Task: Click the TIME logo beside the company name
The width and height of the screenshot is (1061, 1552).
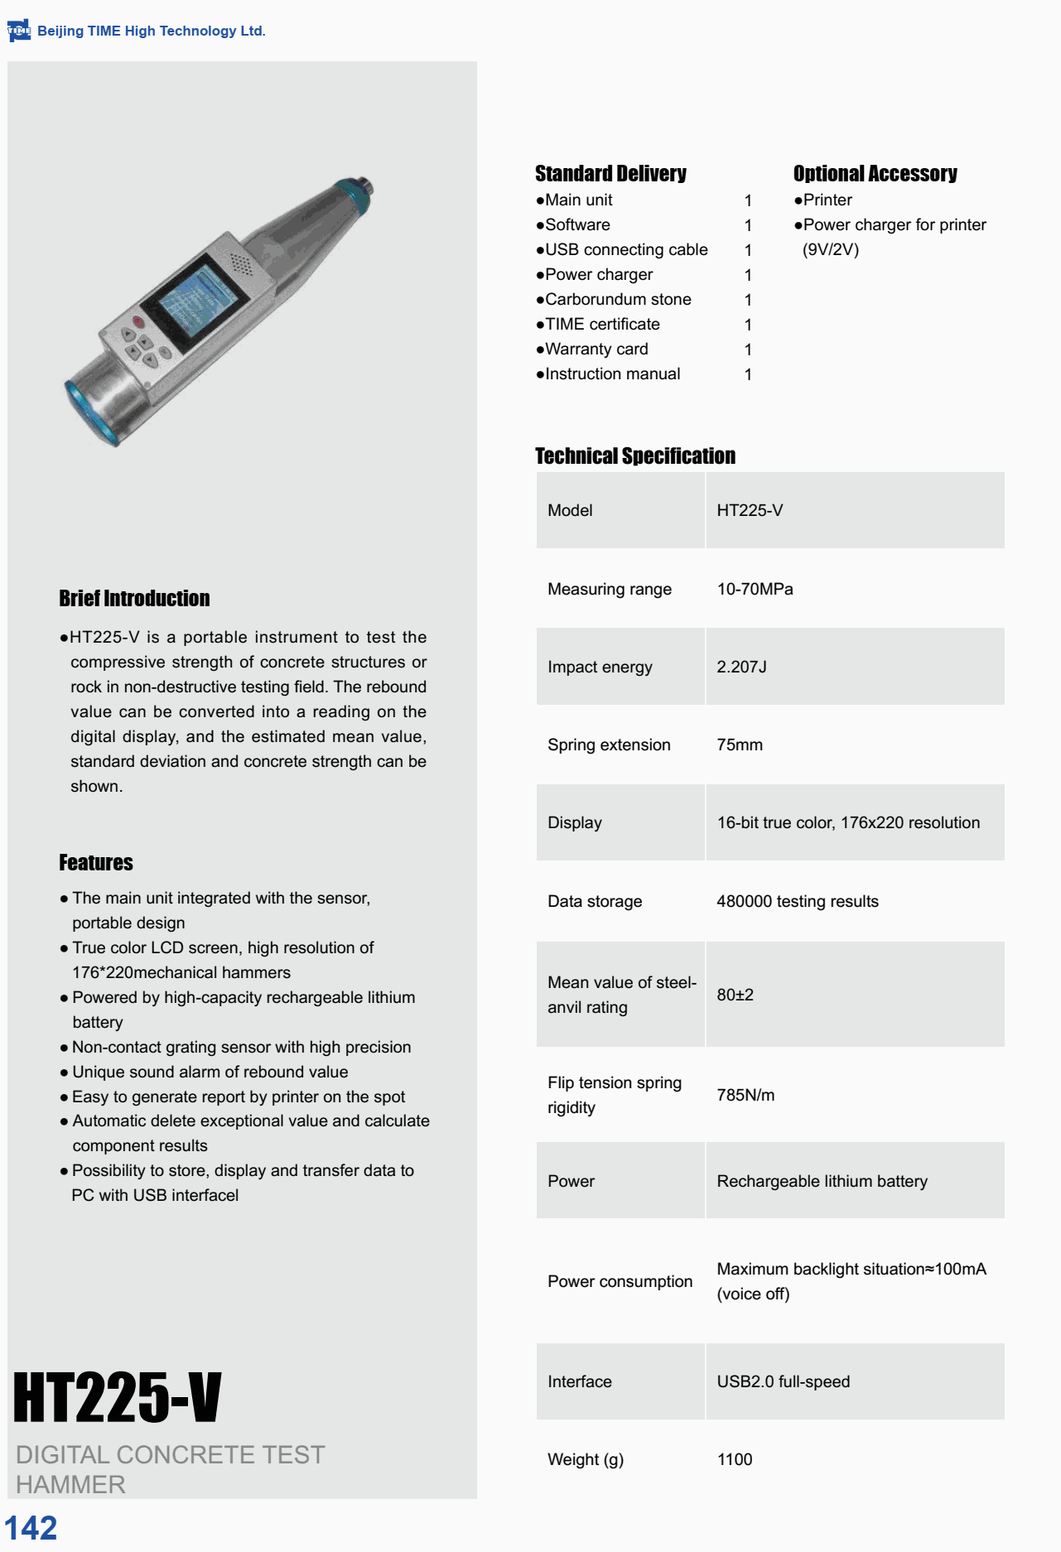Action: pyautogui.click(x=18, y=31)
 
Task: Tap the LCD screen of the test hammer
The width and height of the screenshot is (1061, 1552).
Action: pyautogui.click(x=199, y=301)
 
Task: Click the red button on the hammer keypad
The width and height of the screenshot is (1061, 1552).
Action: pyautogui.click(x=138, y=322)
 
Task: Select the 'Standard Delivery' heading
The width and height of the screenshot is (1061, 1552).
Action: pyautogui.click(x=610, y=174)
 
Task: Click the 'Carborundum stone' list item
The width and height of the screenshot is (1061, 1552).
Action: pyautogui.click(x=618, y=300)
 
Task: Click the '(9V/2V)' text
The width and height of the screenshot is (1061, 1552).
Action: pyautogui.click(x=830, y=250)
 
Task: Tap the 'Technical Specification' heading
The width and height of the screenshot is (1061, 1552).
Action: pyautogui.click(x=635, y=456)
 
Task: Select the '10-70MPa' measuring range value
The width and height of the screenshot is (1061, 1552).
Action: pyautogui.click(x=755, y=590)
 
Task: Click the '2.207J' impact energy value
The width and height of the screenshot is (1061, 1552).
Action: pyautogui.click(x=741, y=668)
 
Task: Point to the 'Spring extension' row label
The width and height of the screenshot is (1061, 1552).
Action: pyautogui.click(x=609, y=745)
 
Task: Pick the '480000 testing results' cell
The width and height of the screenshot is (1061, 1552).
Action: pyautogui.click(x=797, y=902)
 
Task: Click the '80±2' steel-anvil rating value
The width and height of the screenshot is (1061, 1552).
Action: pyautogui.click(x=735, y=995)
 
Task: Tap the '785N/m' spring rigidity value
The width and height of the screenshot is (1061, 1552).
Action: pyautogui.click(x=745, y=1096)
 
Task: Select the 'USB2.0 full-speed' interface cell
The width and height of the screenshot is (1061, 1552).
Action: pyautogui.click(x=783, y=1382)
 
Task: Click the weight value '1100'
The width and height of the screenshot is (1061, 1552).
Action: pyautogui.click(x=735, y=1460)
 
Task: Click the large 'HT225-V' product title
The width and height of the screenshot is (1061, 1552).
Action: pyautogui.click(x=118, y=1398)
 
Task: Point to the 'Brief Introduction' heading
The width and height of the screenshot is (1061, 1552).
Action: pyautogui.click(x=134, y=599)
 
